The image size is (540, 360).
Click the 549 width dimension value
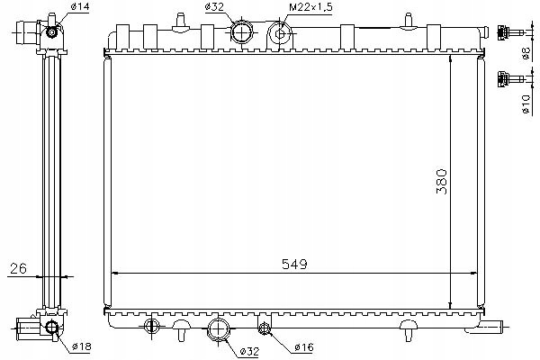[294, 264]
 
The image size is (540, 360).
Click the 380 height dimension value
[442, 182]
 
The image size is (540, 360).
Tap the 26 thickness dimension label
[18, 268]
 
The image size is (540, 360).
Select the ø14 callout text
[80, 6]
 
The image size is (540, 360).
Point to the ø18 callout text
[82, 346]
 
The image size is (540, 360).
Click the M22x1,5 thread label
[310, 7]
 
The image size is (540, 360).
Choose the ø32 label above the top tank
[214, 7]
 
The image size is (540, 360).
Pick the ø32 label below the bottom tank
[249, 351]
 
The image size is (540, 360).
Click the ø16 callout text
[304, 347]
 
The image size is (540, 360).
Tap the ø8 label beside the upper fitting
[526, 54]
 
